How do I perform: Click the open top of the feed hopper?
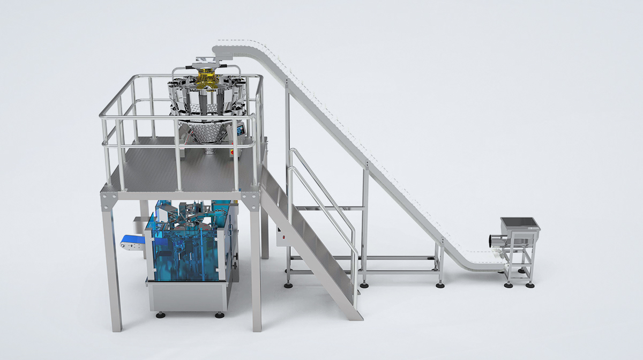click(519, 222)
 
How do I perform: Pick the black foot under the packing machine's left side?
click(160, 315)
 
